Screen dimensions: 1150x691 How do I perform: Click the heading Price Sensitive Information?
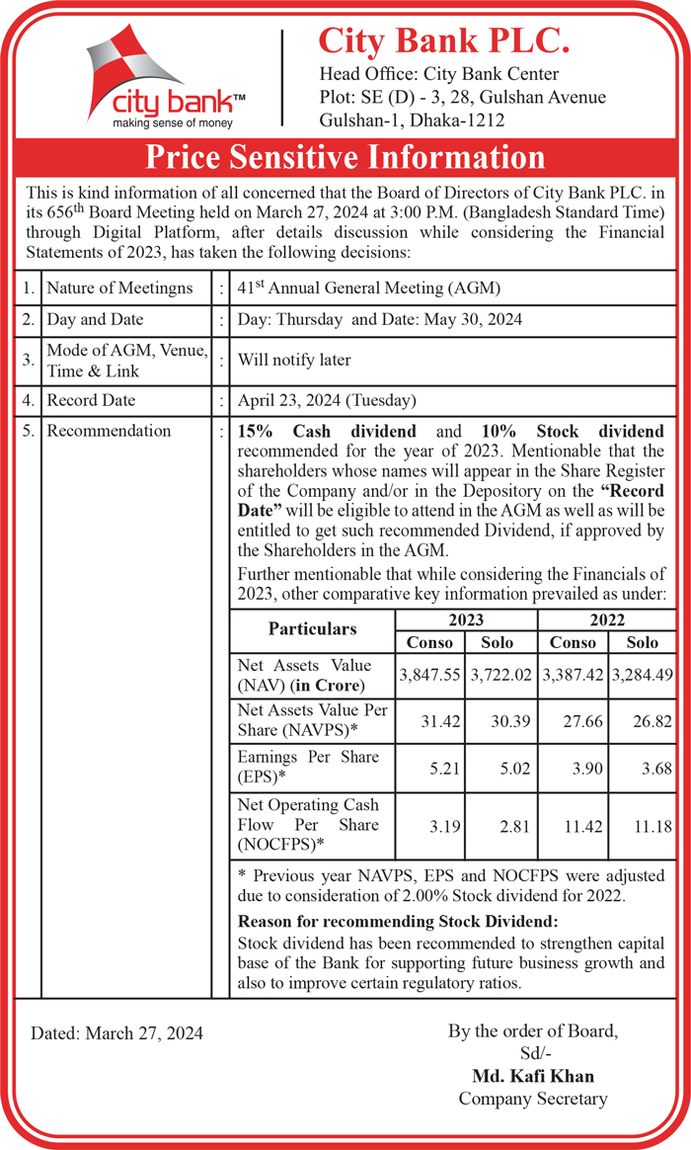click(x=345, y=157)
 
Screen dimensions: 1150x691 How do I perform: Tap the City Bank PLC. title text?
click(x=443, y=41)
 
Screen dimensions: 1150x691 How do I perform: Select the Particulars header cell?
click(x=312, y=629)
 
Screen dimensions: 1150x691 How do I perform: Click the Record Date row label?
click(x=91, y=400)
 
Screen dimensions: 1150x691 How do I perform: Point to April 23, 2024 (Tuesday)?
click(x=328, y=400)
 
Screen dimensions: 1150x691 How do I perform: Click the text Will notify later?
click(x=294, y=360)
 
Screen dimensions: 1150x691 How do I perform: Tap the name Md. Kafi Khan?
click(x=533, y=1076)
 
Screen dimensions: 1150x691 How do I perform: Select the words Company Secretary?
click(x=533, y=1099)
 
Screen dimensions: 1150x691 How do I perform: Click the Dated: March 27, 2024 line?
click(x=116, y=1033)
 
